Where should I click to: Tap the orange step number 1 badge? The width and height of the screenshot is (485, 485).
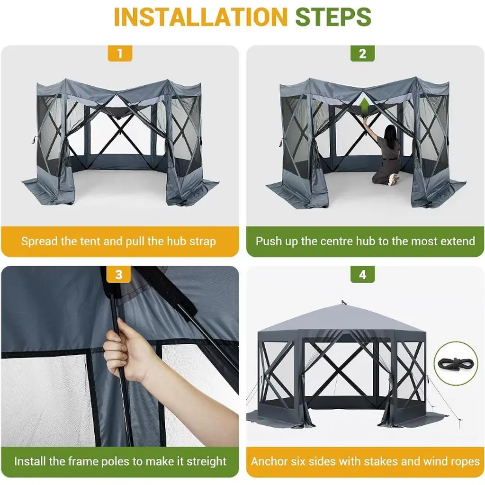120,53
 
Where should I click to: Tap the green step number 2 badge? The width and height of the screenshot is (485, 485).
362,53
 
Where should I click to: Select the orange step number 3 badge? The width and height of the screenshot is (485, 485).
119,274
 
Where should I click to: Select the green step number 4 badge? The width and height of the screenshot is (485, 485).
362,274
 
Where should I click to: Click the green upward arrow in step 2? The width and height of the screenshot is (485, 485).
365,106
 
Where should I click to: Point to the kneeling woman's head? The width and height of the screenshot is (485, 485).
390,133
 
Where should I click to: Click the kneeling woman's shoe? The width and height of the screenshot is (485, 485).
393,180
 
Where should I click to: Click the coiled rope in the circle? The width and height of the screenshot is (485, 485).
456,363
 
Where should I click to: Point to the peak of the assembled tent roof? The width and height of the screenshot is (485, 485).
342,302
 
